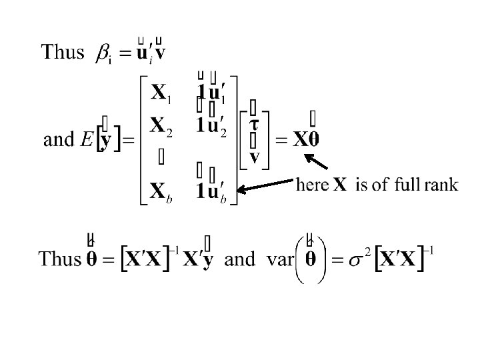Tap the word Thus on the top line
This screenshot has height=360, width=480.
63,52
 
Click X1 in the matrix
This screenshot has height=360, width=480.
161,94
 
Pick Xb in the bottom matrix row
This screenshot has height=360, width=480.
162,192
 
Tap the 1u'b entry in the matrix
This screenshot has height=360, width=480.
213,192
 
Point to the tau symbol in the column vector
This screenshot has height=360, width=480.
254,125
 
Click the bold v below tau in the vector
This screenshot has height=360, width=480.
254,158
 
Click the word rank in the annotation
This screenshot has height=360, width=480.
440,185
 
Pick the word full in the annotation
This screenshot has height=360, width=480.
405,185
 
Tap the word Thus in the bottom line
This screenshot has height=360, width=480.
59,259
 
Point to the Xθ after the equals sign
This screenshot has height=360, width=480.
307,140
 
